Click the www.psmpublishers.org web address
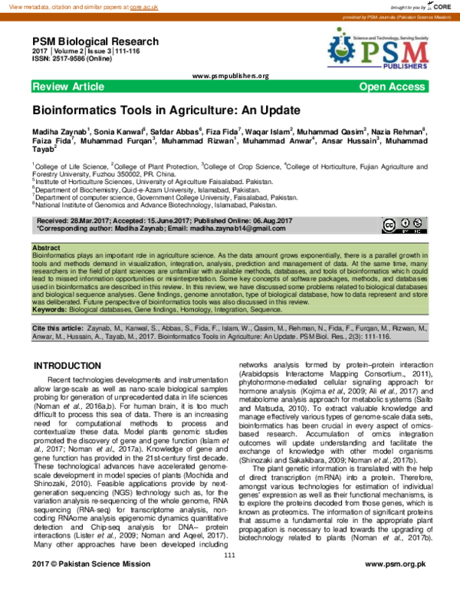tap(230, 76)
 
